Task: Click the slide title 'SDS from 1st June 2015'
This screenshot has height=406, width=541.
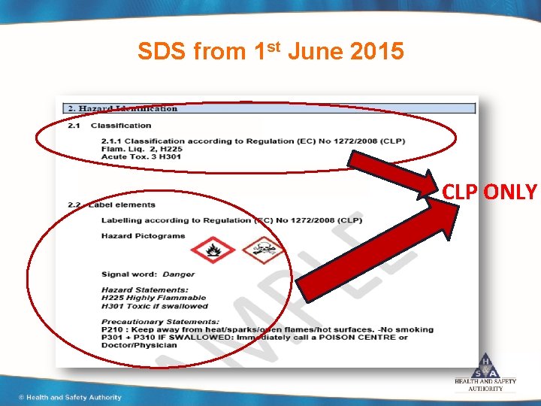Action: [270, 51]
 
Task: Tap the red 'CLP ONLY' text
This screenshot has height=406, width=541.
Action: [489, 192]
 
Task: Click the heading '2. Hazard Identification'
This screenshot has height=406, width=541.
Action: [123, 108]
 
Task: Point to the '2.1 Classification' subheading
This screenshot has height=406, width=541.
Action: [110, 126]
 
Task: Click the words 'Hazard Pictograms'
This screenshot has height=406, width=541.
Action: [143, 235]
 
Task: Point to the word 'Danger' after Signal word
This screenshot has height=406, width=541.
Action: [179, 274]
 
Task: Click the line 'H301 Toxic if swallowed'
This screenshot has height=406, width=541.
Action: [155, 306]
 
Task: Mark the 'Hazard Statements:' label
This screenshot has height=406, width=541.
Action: [145, 290]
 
